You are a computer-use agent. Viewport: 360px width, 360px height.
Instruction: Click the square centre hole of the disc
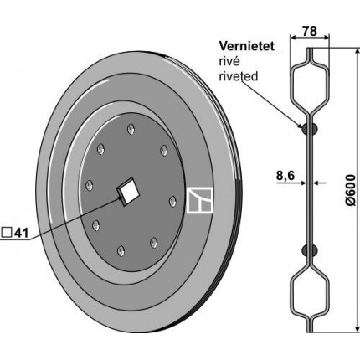pos(128,192)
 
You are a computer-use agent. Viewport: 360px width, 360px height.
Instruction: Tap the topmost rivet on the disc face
pos(131,130)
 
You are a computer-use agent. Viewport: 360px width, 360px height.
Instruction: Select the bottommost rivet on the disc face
pos(121,251)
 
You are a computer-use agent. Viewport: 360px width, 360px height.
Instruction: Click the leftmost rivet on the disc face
pos(89,186)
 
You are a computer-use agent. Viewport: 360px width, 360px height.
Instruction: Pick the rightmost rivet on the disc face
pos(172,201)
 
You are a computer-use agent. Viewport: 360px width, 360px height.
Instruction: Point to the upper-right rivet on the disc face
pos(164,151)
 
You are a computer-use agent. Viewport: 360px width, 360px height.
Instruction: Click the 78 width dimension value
pos(310,31)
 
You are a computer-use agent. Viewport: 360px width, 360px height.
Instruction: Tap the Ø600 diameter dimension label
pos(351,190)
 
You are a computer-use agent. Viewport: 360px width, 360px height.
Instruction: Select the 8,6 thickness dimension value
pos(285,176)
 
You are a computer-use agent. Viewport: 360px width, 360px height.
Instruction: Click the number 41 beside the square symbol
pos(21,233)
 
